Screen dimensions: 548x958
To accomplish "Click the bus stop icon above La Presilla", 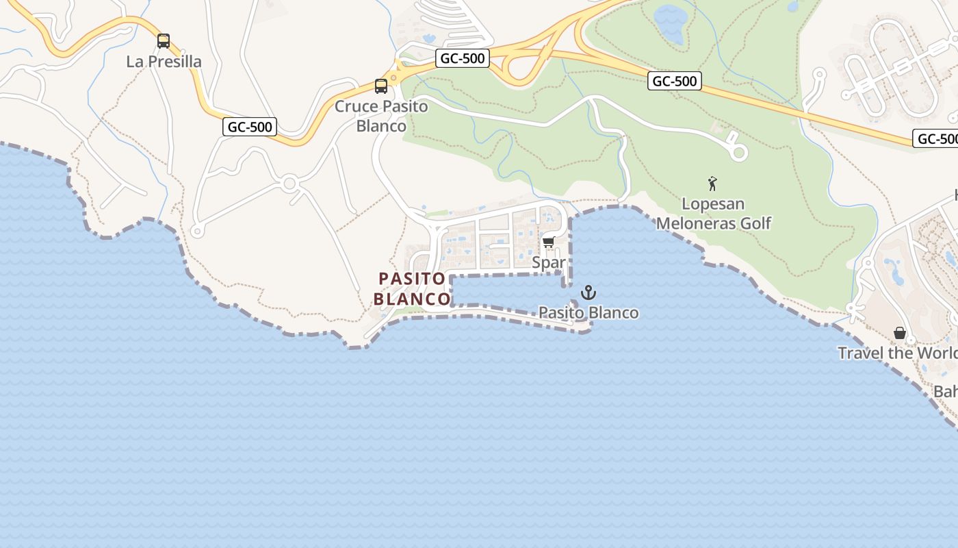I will tap(164, 41).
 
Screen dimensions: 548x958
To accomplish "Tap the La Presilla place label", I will tap(164, 62).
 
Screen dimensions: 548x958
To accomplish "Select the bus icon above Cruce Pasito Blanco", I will tap(381, 86).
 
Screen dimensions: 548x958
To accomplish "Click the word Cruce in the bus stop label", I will tap(356, 107).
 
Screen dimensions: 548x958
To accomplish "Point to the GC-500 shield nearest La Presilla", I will tap(250, 127).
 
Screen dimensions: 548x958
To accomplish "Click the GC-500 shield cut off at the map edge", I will tap(937, 139).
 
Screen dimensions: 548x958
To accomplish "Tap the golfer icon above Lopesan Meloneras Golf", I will tap(712, 184).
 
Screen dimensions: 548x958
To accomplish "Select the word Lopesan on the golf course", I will tap(713, 204).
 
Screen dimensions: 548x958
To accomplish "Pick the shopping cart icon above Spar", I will tap(548, 242).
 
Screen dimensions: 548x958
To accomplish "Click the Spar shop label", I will tap(549, 262).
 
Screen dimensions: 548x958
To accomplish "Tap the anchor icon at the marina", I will tap(588, 293).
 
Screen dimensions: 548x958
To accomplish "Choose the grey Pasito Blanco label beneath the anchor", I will tap(588, 313).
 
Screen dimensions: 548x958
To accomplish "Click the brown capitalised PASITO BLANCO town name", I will tap(412, 289).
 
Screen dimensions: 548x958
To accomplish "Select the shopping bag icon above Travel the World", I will tap(900, 333).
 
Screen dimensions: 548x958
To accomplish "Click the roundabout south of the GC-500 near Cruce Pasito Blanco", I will tap(289, 184).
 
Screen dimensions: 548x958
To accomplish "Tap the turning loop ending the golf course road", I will tap(739, 152).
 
